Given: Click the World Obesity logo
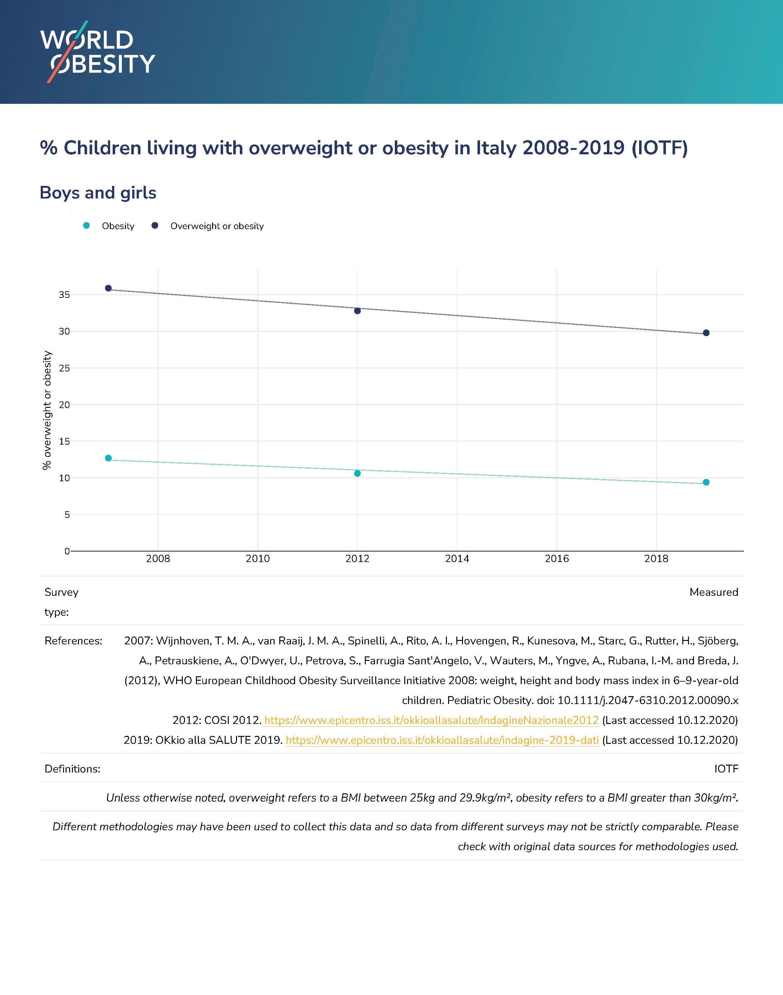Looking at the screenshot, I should click(98, 52).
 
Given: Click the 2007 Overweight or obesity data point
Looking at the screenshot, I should click(108, 288).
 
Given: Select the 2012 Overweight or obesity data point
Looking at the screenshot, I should click(358, 311).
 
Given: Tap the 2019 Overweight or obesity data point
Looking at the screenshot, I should click(706, 333).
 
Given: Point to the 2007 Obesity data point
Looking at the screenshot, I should click(108, 458).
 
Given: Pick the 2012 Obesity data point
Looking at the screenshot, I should click(358, 473).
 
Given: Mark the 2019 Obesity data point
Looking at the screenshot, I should click(706, 482).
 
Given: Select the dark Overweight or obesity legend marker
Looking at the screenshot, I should click(155, 226).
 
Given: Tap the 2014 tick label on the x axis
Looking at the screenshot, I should click(457, 559).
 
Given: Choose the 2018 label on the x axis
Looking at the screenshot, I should click(656, 559).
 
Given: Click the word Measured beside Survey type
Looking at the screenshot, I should click(714, 592).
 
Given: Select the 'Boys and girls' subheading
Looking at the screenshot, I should click(98, 192).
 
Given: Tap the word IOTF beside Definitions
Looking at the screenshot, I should click(726, 769).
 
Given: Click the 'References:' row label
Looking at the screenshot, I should click(73, 641).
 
